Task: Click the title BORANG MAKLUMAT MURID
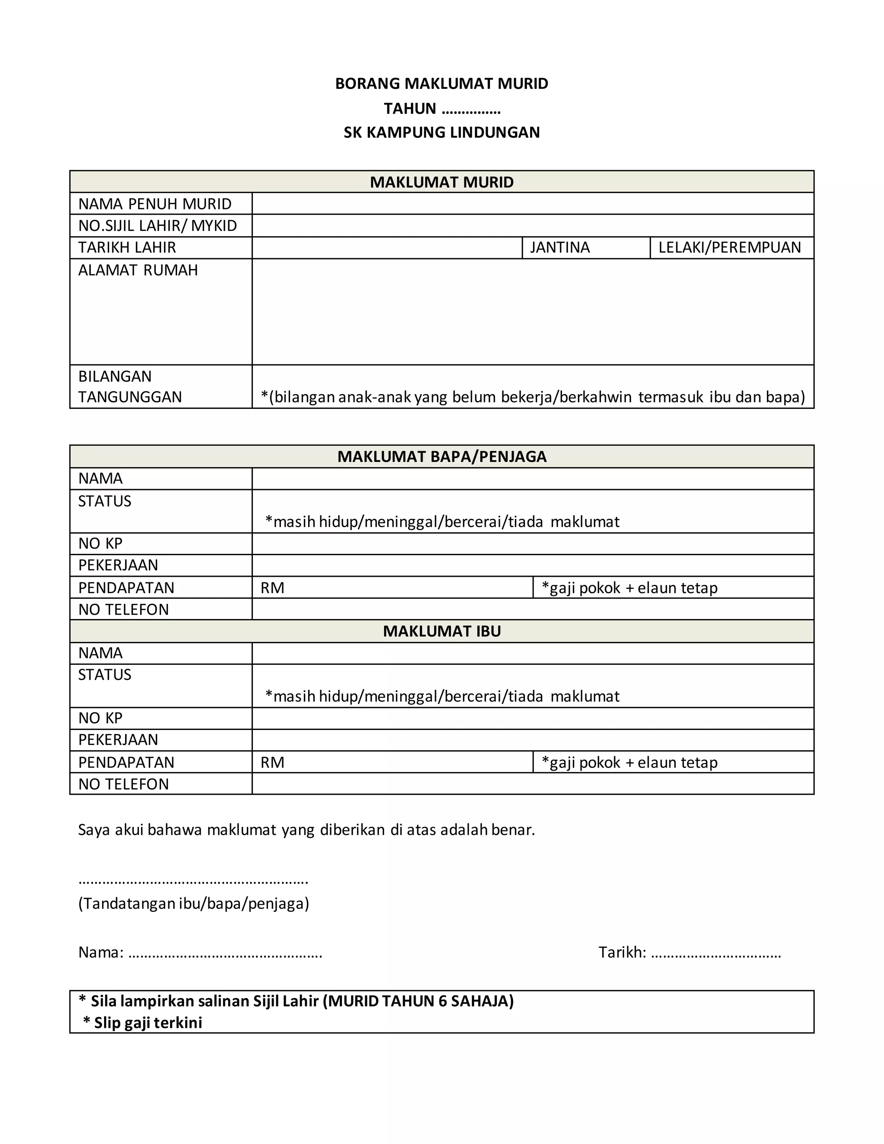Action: click(x=442, y=84)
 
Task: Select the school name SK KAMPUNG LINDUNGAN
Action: click(x=442, y=133)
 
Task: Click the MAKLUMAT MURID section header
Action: click(x=442, y=182)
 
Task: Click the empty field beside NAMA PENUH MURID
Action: click(x=533, y=204)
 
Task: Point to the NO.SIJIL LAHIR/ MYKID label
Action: click(x=158, y=226)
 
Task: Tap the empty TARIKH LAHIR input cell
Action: click(x=387, y=248)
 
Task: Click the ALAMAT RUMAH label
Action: click(x=138, y=270)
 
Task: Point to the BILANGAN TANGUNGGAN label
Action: click(x=130, y=386)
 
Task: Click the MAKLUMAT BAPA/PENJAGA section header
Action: click(x=442, y=457)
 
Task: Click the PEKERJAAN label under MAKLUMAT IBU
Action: click(x=118, y=739)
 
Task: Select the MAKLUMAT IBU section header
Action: click(x=442, y=631)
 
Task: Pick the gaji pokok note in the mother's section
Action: click(x=629, y=763)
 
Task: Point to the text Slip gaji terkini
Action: click(x=148, y=1022)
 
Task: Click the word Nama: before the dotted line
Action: click(x=101, y=952)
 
